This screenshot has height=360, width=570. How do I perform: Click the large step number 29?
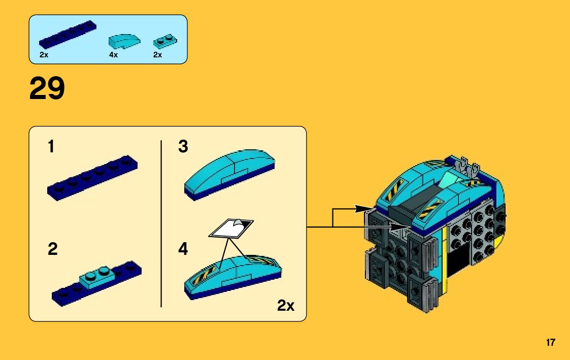[x=47, y=88]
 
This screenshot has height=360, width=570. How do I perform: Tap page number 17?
[x=551, y=343]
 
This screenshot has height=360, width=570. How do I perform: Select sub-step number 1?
[x=51, y=147]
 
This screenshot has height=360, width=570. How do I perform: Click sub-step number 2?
[x=52, y=249]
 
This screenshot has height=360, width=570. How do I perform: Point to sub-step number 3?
[x=183, y=147]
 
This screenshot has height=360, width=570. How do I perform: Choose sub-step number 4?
[x=183, y=249]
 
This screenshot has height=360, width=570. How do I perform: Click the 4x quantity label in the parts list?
[x=113, y=55]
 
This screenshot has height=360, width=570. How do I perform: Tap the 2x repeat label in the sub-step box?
[x=286, y=306]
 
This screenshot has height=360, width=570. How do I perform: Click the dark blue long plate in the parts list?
[x=68, y=35]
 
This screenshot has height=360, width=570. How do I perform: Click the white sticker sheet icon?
[x=231, y=228]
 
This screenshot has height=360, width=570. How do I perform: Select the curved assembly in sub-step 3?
[x=229, y=173]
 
